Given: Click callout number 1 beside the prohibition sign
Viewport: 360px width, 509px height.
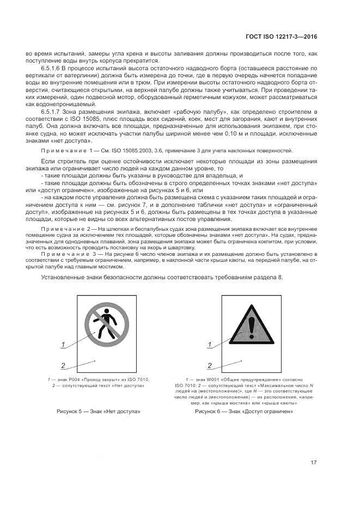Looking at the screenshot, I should coord(63,344).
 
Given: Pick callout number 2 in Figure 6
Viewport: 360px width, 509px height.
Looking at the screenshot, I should coord(211,365).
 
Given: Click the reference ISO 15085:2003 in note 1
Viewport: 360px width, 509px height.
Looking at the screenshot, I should coord(118,150).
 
